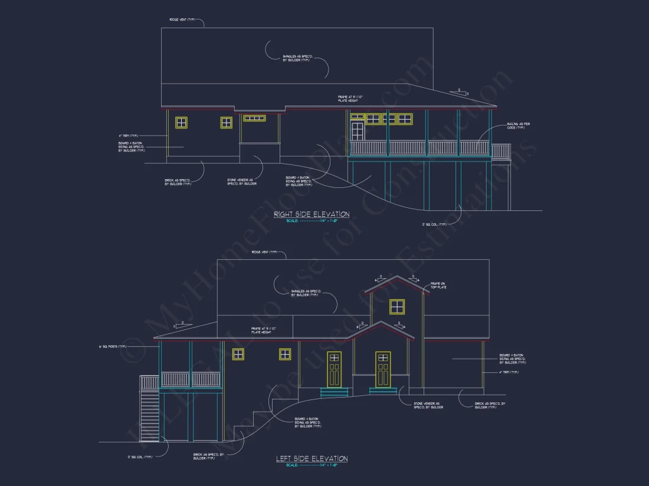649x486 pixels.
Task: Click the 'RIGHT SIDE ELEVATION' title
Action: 312,214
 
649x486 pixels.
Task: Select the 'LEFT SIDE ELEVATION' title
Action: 312,458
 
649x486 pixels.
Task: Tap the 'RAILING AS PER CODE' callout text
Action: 519,127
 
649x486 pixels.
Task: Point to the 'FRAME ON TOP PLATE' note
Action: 439,285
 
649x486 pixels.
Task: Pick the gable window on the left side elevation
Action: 397,306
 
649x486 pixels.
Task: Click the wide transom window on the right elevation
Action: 254,118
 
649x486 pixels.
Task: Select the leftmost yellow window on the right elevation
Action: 181,123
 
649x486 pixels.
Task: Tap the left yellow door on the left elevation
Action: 334,369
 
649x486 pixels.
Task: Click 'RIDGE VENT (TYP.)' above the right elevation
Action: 183,19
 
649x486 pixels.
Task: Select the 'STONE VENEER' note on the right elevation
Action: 242,182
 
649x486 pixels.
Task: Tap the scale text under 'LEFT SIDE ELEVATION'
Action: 312,465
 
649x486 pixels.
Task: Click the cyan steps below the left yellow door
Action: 334,392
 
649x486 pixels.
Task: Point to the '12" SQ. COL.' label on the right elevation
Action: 435,224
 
